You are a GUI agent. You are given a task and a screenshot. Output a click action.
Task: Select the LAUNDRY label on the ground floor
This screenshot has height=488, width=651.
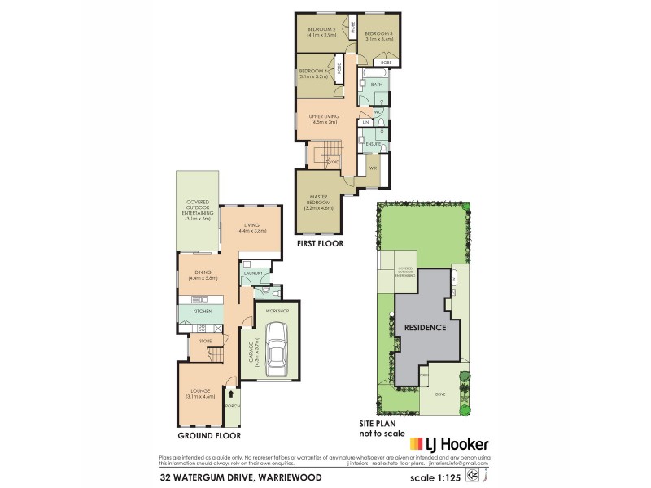pos(252,273)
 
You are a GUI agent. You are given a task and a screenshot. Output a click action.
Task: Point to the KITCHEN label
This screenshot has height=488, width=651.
pos(203,311)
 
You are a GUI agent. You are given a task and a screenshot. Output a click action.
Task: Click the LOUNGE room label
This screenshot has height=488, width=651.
pos(199,394)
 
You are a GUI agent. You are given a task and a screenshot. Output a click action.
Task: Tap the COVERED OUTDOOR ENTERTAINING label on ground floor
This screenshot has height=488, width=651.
pos(198,209)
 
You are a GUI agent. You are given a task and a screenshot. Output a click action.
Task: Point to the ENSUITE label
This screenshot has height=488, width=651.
pos(374,143)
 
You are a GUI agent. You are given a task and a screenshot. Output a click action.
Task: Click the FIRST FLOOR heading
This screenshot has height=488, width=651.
pos(321,243)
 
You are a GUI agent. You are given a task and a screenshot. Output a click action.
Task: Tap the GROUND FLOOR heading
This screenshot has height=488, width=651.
pos(200,434)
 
